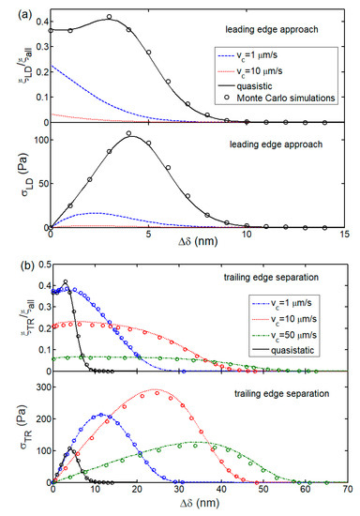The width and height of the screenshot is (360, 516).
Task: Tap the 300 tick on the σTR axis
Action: pos(41,386)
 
